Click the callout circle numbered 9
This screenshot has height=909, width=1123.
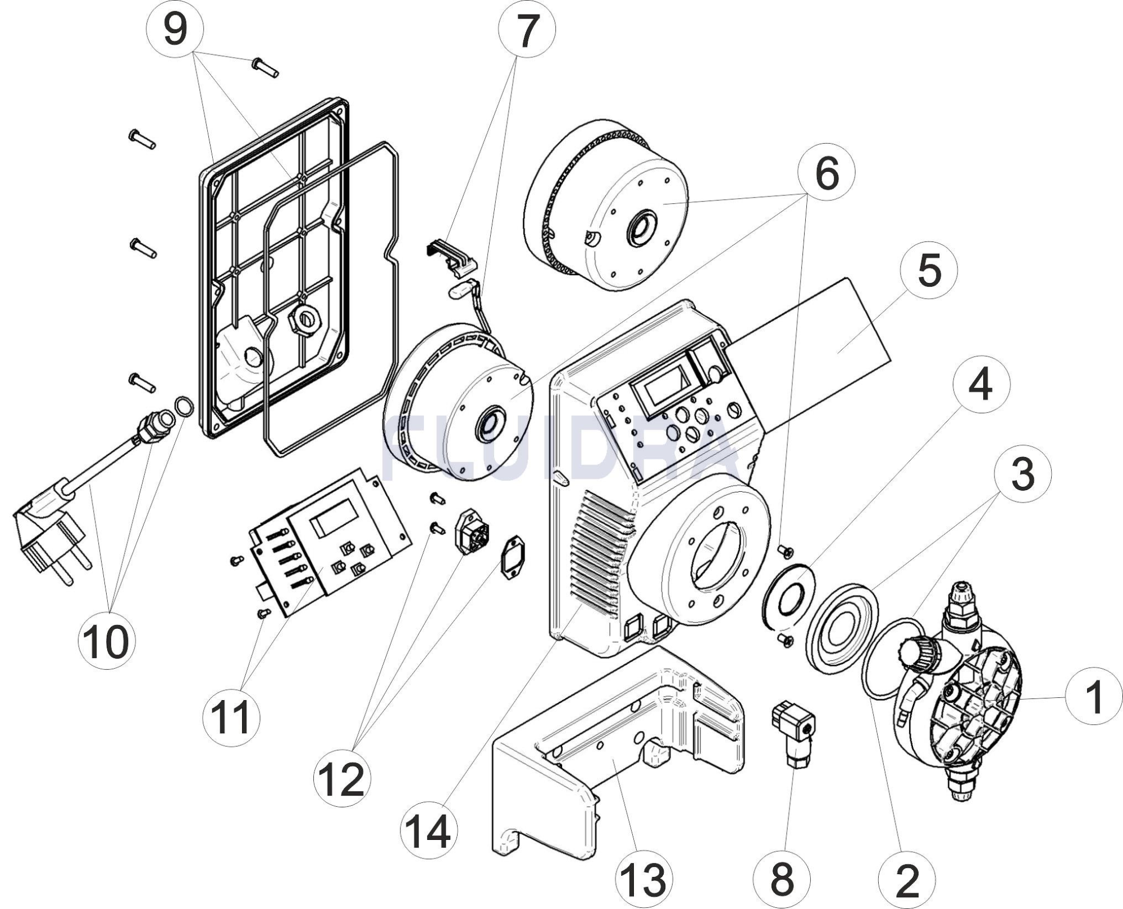[x=175, y=29]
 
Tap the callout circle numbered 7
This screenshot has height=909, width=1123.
[x=527, y=29]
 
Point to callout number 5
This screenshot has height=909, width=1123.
[x=929, y=271]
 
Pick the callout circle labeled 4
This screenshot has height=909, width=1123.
[x=982, y=385]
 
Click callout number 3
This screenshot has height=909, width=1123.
[x=1022, y=473]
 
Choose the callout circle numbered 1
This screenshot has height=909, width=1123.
[x=1094, y=697]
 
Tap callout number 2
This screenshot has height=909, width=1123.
[x=907, y=879]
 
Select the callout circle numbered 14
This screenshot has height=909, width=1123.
[x=429, y=830]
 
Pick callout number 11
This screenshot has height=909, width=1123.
[x=231, y=717]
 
